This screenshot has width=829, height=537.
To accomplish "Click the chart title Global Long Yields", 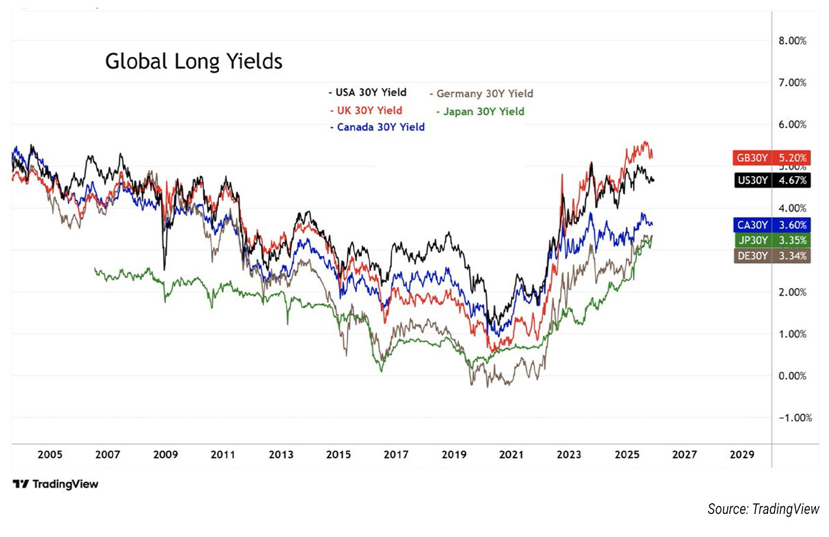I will coord(194,61).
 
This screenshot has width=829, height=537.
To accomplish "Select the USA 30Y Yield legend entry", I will coord(368,92).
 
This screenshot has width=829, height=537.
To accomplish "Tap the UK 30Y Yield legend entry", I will coord(367,110).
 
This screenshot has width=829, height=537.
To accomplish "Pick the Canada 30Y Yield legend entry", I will coord(377,127).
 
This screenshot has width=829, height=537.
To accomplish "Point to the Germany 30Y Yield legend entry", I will coord(481,94).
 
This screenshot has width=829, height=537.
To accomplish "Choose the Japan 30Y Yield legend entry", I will coord(480,111).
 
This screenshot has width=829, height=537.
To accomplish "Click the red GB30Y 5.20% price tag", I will coord(772,158).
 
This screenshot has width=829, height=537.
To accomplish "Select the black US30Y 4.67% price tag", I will coord(772,180).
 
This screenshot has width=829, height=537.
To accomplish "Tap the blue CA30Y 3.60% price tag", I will coord(772,225).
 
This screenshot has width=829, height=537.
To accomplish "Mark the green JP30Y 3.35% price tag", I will coord(772,240).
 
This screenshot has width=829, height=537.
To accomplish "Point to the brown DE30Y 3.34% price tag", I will coord(772,255).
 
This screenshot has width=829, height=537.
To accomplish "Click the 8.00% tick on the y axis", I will coord(792,41).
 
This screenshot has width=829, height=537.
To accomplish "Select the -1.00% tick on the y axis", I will coord(794,418).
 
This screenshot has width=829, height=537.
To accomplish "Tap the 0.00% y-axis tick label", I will coord(792,376).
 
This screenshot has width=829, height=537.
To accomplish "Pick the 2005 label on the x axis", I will coord(50,455).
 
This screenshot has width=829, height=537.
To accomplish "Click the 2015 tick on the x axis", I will coord(338,455).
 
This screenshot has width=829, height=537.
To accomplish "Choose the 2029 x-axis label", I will coord(742,455).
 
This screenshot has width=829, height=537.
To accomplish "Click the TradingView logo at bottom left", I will coord(56,484).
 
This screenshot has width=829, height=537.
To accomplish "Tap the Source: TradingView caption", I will coord(763,509).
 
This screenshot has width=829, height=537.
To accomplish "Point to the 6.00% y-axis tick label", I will coord(792,124).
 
